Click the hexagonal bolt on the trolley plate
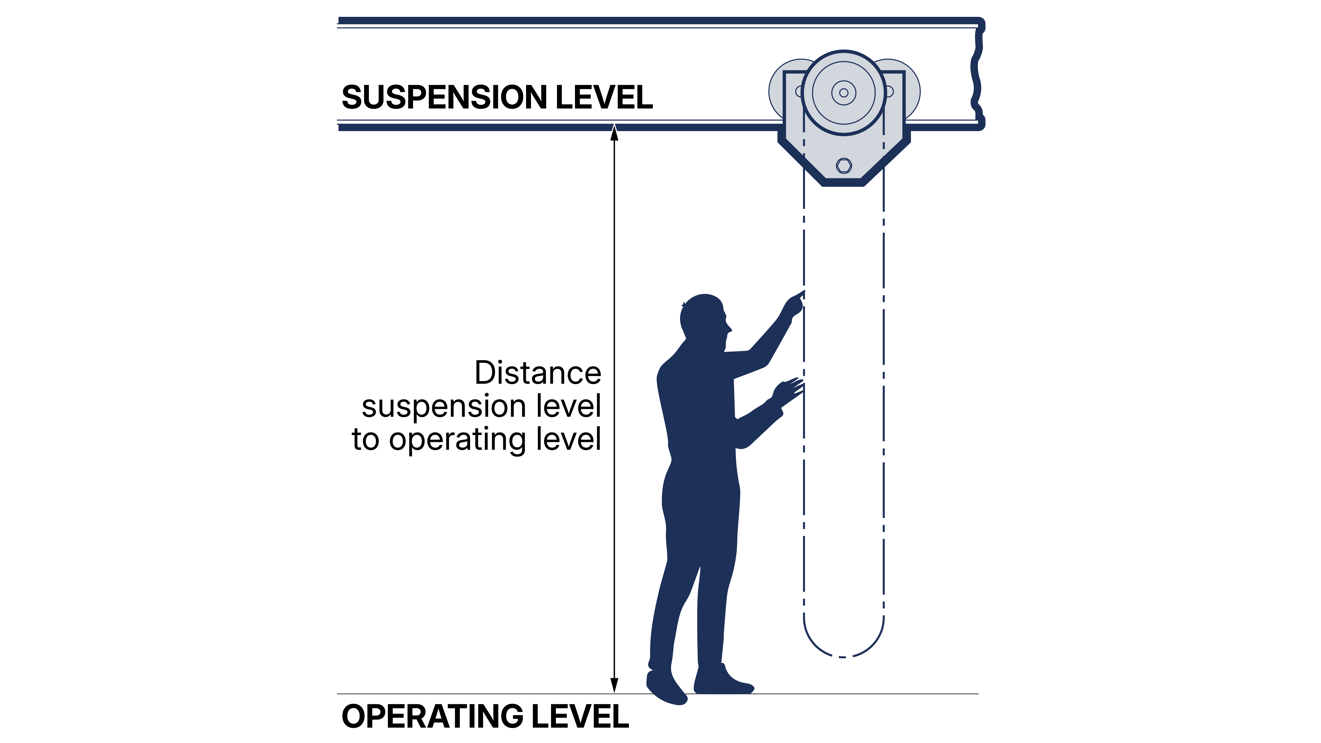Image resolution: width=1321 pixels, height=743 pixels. click(x=844, y=166)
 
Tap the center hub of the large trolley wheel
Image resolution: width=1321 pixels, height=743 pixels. click(x=844, y=93)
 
